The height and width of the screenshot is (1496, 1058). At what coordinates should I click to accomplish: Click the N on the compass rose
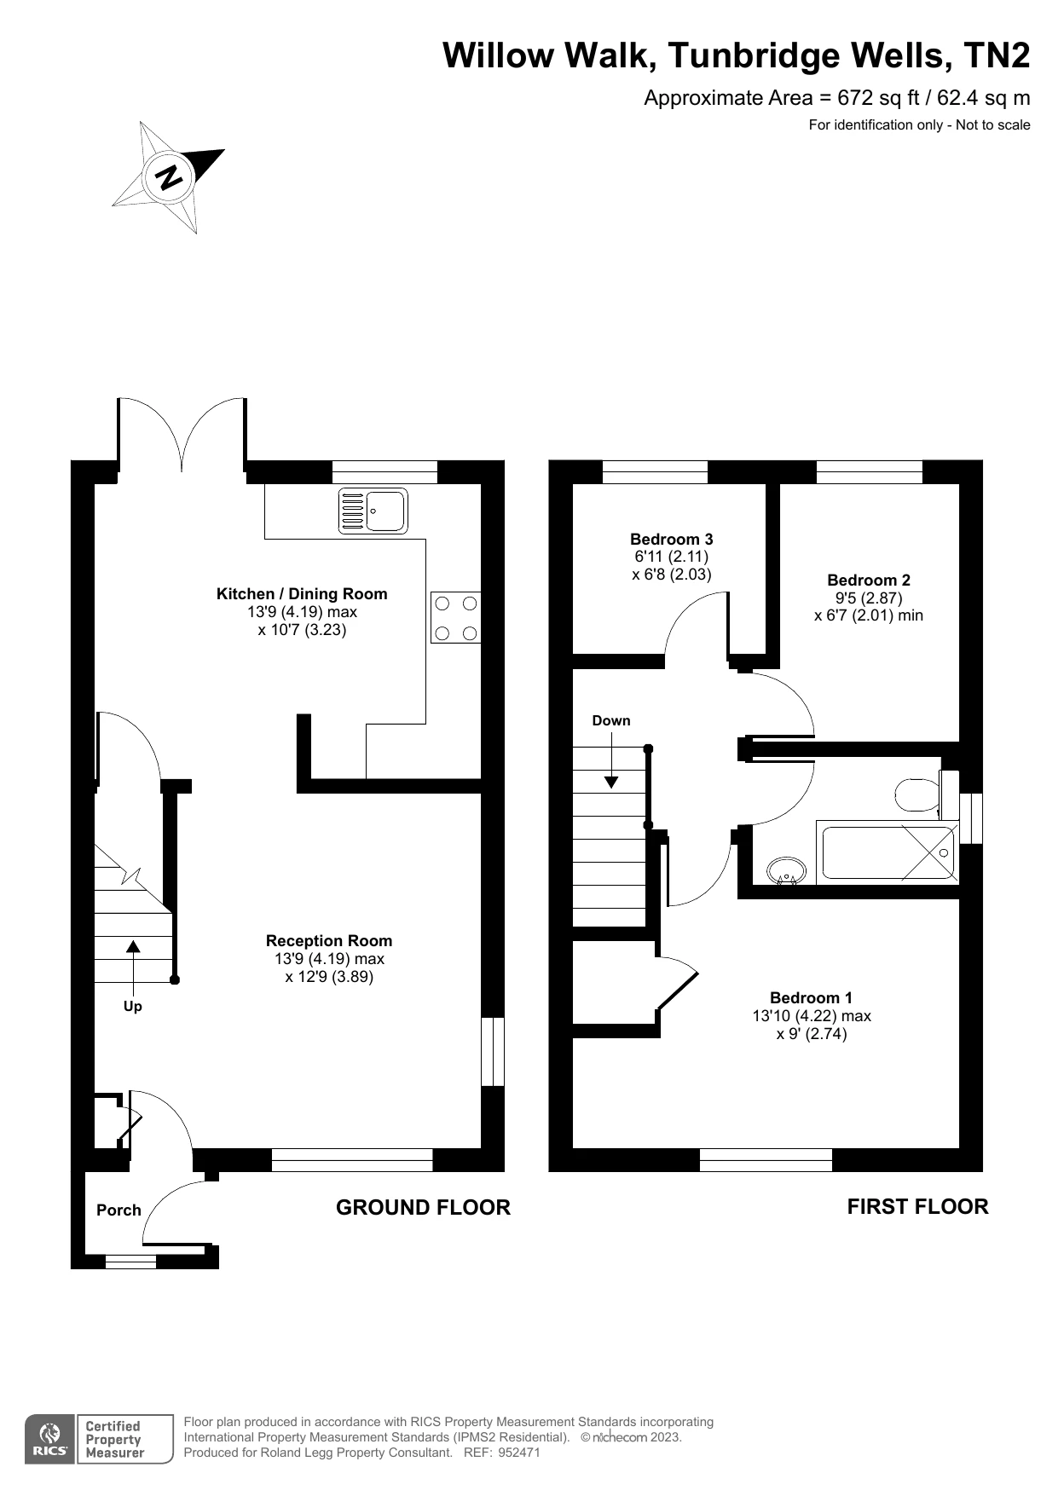pyautogui.click(x=169, y=176)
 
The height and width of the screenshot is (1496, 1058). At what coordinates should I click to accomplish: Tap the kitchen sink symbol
pyautogui.click(x=373, y=511)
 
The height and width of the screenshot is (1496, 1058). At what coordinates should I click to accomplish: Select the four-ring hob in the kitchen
pyautogui.click(x=455, y=617)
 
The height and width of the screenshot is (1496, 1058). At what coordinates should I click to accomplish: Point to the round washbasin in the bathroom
pyautogui.click(x=785, y=871)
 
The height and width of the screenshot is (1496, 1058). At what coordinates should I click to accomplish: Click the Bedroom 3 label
pyautogui.click(x=671, y=539)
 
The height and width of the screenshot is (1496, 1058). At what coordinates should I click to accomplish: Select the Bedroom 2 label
pyautogui.click(x=868, y=580)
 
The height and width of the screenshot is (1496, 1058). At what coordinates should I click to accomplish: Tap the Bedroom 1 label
pyautogui.click(x=811, y=997)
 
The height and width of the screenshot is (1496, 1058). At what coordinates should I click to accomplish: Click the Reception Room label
pyautogui.click(x=329, y=940)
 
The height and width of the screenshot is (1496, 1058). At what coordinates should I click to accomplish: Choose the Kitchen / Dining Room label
pyautogui.click(x=302, y=593)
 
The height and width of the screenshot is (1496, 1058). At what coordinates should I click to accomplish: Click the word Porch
pyautogui.click(x=119, y=1210)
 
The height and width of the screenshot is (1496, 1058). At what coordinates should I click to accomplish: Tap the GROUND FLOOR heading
pyautogui.click(x=423, y=1207)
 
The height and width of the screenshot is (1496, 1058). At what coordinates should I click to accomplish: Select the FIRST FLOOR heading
pyautogui.click(x=917, y=1206)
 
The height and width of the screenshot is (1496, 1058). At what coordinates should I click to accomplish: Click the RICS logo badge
pyautogui.click(x=49, y=1440)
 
